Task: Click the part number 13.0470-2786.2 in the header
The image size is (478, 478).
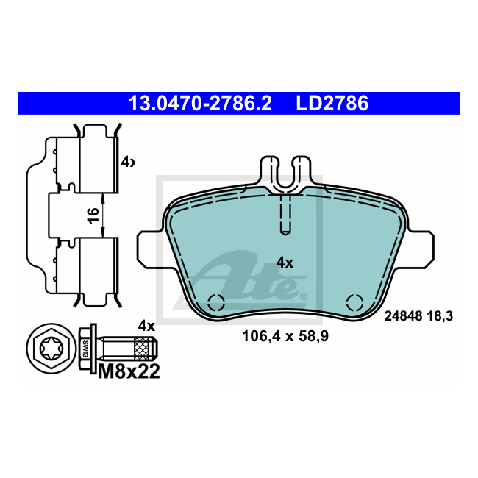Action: pos(200,104)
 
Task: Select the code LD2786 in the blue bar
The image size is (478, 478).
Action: pos(332,104)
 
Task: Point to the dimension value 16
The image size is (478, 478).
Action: pos(92,215)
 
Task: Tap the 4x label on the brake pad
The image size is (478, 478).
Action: pos(285,263)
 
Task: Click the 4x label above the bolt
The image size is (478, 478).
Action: pos(146,325)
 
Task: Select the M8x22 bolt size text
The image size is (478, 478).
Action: pos(129,372)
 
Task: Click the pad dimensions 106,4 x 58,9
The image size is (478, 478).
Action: pos(285,338)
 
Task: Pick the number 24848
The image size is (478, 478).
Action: pos(404,316)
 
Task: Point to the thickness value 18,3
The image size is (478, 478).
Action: pos(439,316)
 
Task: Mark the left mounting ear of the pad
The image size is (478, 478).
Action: pos(152,250)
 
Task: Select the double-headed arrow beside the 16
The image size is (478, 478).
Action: pos(103,215)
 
